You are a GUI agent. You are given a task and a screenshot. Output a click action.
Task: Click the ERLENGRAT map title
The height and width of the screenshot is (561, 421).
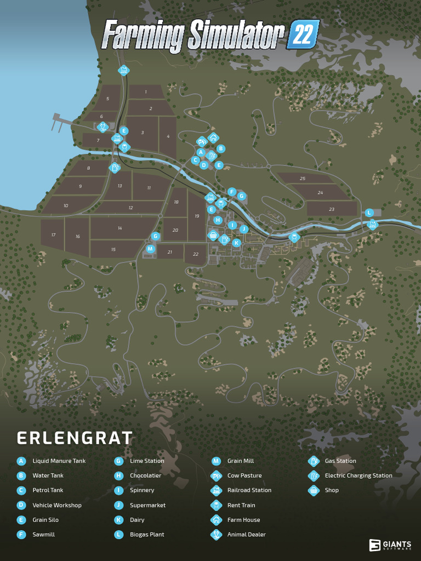click(x=75, y=438)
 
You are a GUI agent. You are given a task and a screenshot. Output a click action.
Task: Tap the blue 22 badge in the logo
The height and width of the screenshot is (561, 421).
click(x=303, y=34)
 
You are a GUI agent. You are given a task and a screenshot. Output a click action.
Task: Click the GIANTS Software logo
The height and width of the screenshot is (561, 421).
click(x=390, y=545)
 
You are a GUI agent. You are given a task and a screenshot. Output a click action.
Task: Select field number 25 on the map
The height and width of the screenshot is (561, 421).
click(x=303, y=179)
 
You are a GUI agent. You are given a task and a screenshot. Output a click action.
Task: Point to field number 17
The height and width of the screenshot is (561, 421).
click(x=53, y=235)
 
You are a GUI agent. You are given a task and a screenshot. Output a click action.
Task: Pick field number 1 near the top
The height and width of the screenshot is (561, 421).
click(x=146, y=92)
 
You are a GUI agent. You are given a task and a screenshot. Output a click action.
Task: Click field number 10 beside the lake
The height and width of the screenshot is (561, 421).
click(x=66, y=205)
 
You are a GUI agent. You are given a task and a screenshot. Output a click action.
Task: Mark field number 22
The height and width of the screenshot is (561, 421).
click(x=195, y=254)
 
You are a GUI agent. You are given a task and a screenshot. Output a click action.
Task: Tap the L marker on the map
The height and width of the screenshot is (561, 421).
click(x=369, y=213)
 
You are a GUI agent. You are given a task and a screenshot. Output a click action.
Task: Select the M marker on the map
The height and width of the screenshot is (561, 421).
click(x=150, y=249)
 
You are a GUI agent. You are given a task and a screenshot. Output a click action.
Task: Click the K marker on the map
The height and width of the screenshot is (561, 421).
click(x=236, y=242)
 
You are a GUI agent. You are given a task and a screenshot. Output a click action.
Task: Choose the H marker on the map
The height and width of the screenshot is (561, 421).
click(x=218, y=220)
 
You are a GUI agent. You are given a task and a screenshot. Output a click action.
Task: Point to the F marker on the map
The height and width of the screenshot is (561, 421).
click(x=232, y=192)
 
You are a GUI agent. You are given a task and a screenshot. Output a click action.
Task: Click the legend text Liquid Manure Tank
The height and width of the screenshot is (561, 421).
click(x=59, y=461)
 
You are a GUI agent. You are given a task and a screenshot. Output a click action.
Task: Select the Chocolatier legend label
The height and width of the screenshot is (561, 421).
click(x=145, y=476)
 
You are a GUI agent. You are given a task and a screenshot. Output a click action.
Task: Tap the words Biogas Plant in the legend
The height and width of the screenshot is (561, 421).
click(x=147, y=534)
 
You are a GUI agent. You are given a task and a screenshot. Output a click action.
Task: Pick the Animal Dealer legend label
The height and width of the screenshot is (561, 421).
click(x=246, y=534)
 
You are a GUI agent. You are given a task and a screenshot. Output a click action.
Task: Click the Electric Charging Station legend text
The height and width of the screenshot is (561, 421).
click(x=359, y=476)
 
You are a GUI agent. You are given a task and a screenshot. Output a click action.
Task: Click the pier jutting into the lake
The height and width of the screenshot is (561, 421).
click(x=65, y=121)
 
